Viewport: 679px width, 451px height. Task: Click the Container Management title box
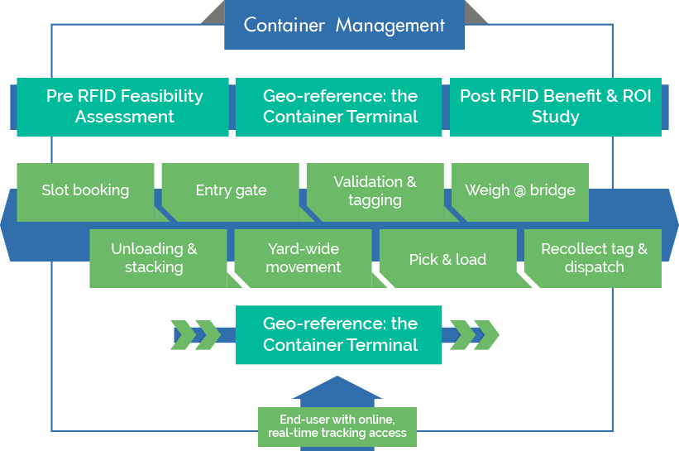pos(344,26)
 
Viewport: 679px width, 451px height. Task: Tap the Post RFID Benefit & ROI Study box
pos(555,107)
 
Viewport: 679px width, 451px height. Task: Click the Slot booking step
pos(85,190)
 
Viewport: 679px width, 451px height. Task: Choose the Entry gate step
pos(231,190)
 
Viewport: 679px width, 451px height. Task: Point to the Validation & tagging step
pos(375,190)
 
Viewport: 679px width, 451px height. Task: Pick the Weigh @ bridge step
pos(519,190)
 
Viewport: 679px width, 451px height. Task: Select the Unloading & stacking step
pos(154,258)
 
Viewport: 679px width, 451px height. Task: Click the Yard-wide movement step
pos(304,258)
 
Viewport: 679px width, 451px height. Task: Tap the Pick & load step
pos(447,259)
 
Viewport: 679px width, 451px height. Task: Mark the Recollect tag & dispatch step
pos(594,258)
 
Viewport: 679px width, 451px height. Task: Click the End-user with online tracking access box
pos(337,426)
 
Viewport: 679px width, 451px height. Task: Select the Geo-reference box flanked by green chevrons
pos(339,334)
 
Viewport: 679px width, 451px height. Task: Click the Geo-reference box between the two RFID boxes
pos(339,107)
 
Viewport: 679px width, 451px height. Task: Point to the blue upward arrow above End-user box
pos(337,391)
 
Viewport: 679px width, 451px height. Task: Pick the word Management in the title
pos(390,26)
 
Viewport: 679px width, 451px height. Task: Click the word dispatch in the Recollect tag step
pos(594,267)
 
